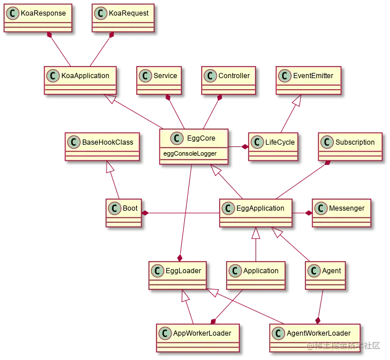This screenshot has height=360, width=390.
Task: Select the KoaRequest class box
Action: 123,17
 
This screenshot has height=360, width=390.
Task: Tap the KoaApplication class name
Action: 85,76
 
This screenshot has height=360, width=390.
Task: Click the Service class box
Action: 158,80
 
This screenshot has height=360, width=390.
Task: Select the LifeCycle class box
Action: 273,146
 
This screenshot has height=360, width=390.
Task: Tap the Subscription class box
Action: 350,146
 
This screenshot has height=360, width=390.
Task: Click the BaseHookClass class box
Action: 102,146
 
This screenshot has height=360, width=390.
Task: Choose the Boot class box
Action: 123,212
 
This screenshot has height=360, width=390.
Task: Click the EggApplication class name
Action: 260,208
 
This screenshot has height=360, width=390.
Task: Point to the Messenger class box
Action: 341,212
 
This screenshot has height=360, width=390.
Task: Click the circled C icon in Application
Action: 235,271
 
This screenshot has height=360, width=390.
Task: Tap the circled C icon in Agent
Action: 314,271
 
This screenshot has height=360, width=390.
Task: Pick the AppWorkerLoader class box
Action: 198,337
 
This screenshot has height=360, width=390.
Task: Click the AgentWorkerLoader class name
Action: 319,333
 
